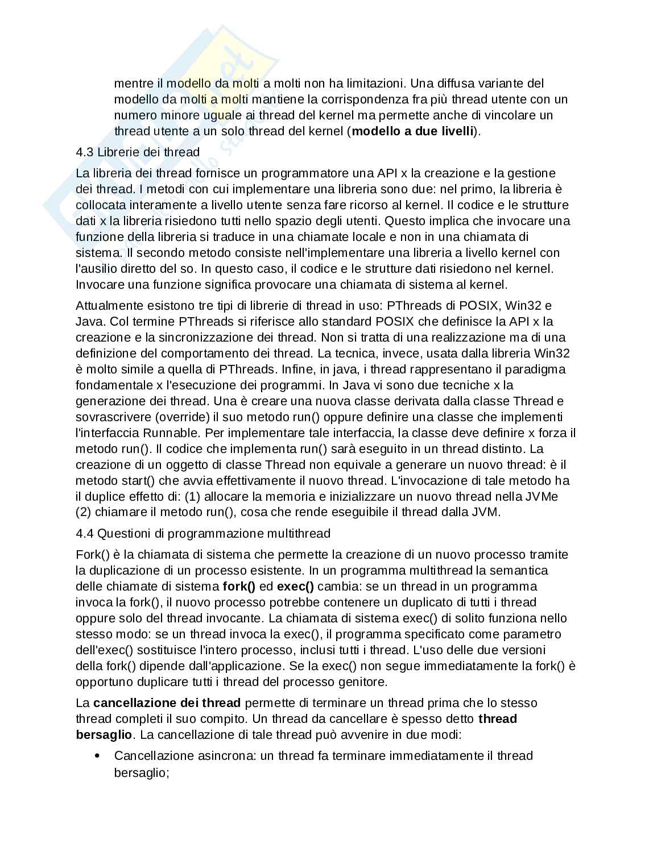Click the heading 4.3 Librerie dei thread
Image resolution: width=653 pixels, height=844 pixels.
tap(138, 152)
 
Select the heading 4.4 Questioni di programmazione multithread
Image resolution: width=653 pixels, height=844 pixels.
tap(203, 534)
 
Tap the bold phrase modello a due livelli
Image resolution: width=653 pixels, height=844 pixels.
tap(412, 131)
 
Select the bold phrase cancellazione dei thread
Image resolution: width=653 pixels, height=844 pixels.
tap(167, 703)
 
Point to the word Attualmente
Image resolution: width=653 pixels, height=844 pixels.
tap(109, 306)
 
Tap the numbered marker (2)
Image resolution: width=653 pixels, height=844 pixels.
tap(84, 513)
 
